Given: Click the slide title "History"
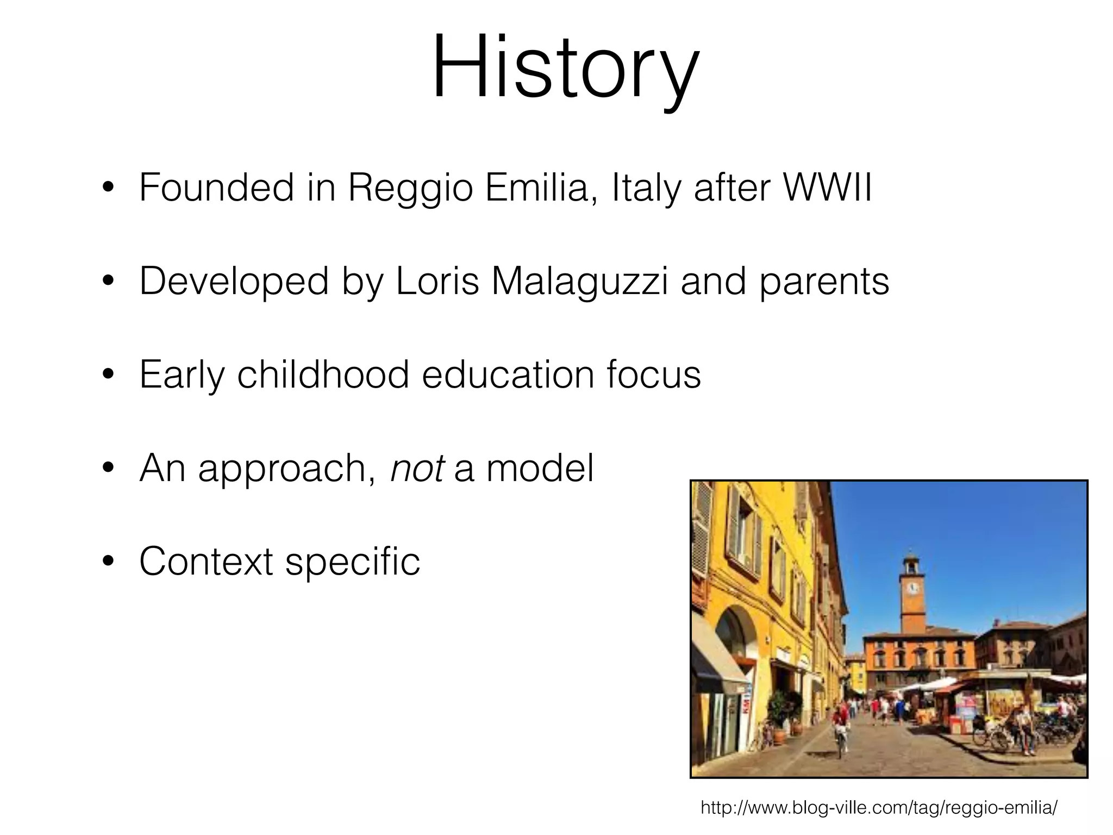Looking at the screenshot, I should tap(565, 68).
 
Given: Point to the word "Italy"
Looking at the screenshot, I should tap(646, 188).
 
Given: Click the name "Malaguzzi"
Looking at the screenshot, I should tap(579, 281).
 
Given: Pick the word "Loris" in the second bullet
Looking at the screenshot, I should tap(437, 281).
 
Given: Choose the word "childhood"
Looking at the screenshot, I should tap(323, 375).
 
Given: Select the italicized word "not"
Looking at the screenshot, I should tap(417, 468).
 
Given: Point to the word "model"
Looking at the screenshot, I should tap(540, 468).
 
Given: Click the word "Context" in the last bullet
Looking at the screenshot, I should tap(206, 562).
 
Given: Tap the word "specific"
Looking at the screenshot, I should tap(353, 562).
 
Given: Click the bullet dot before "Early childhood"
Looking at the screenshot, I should tap(109, 375).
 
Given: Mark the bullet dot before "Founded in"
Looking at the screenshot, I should tap(109, 188).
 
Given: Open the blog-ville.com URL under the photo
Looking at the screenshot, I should tap(879, 807).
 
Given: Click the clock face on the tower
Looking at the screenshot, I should tap(913, 588).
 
